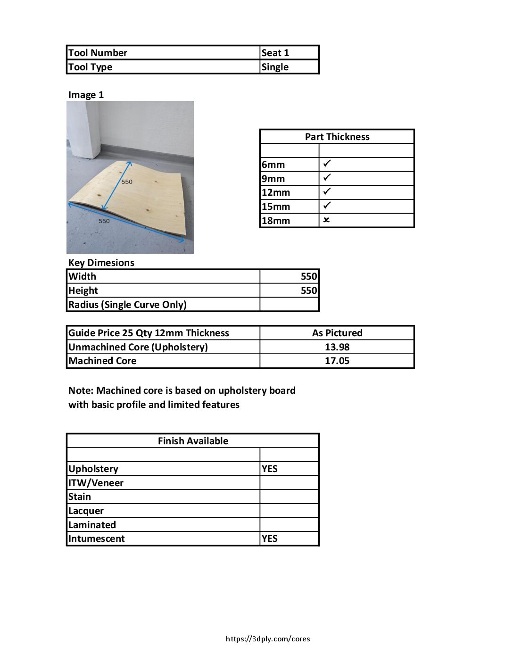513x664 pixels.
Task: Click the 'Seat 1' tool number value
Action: point(275,53)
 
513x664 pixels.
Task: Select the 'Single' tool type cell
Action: point(275,67)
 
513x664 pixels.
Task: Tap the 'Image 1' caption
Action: point(86,95)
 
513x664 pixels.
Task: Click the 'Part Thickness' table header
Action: point(337,137)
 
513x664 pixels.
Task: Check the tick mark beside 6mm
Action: point(327,164)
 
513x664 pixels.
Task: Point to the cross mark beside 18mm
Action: point(326,220)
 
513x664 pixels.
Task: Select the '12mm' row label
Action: point(276,192)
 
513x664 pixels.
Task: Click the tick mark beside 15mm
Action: point(327,206)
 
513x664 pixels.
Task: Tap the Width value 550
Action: point(309,276)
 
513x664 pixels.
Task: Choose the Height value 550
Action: point(309,290)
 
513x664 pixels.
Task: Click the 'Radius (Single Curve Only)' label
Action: point(127,305)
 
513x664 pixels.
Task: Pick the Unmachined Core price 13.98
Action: point(337,347)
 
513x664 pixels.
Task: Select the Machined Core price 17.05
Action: point(337,361)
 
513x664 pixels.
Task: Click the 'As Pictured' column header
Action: point(337,333)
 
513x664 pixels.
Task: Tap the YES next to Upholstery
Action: point(270,469)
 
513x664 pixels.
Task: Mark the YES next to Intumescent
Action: point(270,539)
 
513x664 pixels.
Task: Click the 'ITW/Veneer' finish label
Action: point(96,483)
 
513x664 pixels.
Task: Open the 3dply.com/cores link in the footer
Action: point(268,639)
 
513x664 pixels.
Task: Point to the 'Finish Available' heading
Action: point(193,441)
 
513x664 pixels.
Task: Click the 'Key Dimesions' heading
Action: point(101,263)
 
